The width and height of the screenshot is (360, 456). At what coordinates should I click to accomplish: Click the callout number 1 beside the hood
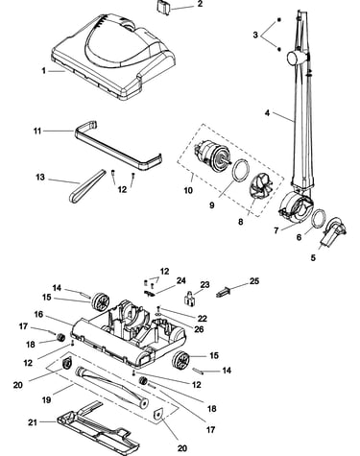tap(44, 70)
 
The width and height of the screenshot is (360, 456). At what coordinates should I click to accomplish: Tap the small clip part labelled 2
tap(164, 7)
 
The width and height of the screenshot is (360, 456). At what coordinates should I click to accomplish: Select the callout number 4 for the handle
tap(267, 113)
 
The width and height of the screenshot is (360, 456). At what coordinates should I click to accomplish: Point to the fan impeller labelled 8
tap(261, 184)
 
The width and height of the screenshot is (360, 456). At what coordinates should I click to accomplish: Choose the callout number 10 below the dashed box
tap(188, 190)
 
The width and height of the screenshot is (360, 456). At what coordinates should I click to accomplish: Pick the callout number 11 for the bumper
tap(37, 131)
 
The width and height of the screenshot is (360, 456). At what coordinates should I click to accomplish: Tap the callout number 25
tap(254, 281)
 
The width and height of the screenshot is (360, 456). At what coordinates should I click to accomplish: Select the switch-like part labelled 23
tap(189, 298)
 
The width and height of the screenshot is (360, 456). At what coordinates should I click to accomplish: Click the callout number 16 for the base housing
tap(38, 315)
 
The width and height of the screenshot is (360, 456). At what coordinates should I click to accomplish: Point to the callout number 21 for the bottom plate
tap(33, 422)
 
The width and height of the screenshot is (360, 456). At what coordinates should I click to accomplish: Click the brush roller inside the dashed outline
tap(111, 387)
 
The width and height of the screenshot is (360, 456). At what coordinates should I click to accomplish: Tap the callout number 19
tap(47, 399)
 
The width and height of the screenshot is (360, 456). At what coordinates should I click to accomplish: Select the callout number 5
tap(313, 257)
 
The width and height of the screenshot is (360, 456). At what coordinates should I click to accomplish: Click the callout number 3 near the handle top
tap(255, 35)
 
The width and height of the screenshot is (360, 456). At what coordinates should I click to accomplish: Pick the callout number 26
tap(199, 329)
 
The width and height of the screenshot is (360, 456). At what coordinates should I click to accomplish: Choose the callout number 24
tap(181, 281)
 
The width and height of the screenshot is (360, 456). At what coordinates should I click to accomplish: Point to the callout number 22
tap(203, 319)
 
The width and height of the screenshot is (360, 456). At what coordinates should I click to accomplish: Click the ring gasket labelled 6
tap(318, 218)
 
